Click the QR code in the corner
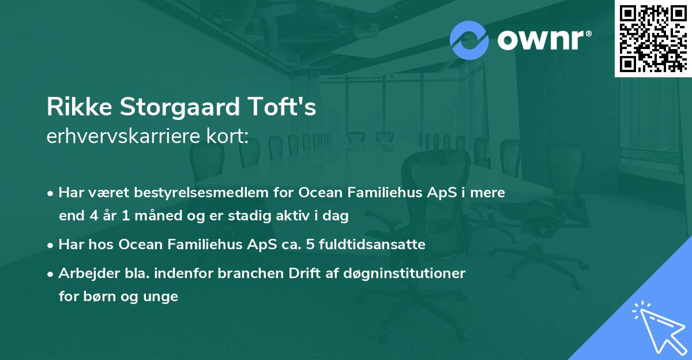653,38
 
